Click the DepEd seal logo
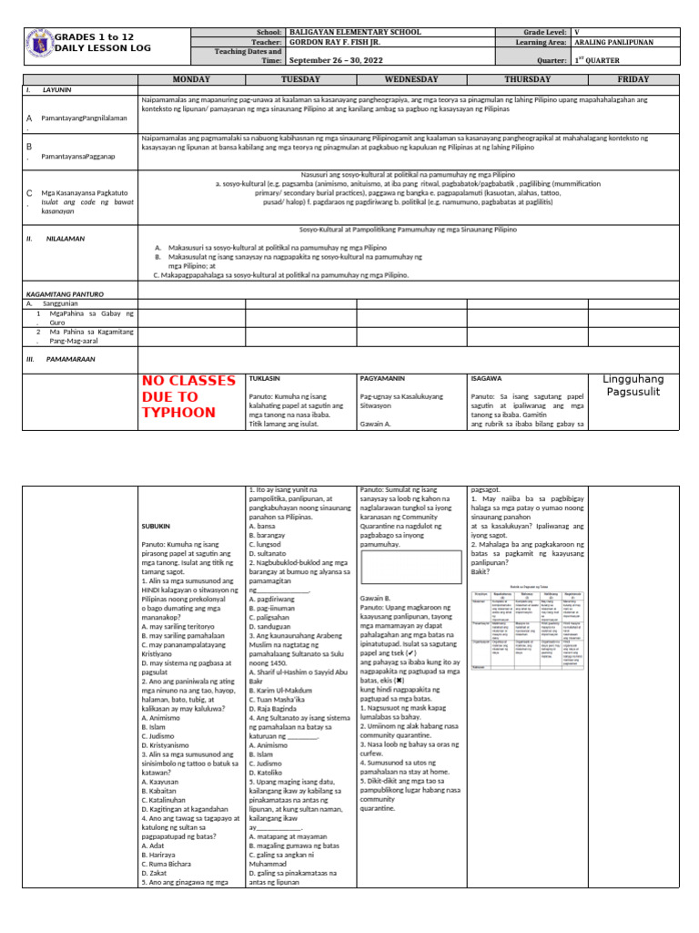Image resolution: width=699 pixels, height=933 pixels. click(37, 45)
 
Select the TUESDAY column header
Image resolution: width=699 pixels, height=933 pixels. click(301, 79)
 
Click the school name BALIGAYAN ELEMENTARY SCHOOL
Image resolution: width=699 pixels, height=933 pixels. click(349, 32)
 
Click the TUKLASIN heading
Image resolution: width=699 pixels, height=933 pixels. click(265, 377)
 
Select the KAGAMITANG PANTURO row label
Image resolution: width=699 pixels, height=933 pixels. click(64, 294)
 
